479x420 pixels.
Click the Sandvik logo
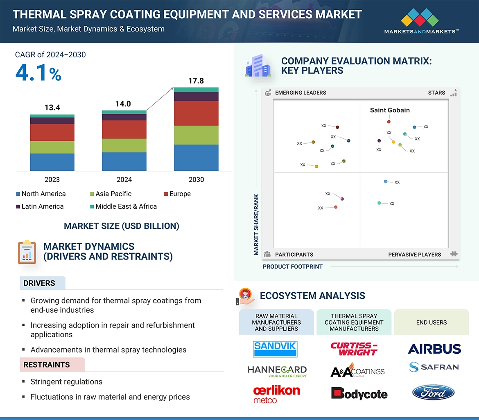(275, 349)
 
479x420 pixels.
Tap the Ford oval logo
(433, 392)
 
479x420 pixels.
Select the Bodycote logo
(359, 393)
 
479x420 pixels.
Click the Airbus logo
(434, 349)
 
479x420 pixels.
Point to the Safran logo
(434, 367)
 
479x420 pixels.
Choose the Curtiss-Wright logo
(354, 349)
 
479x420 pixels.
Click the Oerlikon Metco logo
(276, 393)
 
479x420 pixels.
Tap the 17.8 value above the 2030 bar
(196, 81)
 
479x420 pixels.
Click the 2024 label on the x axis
(124, 179)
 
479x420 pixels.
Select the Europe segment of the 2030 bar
(196, 113)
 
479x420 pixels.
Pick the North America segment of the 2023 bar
(52, 162)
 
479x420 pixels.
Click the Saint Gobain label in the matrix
(390, 110)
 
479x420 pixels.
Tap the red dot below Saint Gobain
(389, 122)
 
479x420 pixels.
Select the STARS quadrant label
(436, 93)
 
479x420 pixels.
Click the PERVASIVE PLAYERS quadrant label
(414, 255)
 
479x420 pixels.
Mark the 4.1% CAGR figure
(38, 72)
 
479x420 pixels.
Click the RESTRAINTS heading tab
(47, 365)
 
